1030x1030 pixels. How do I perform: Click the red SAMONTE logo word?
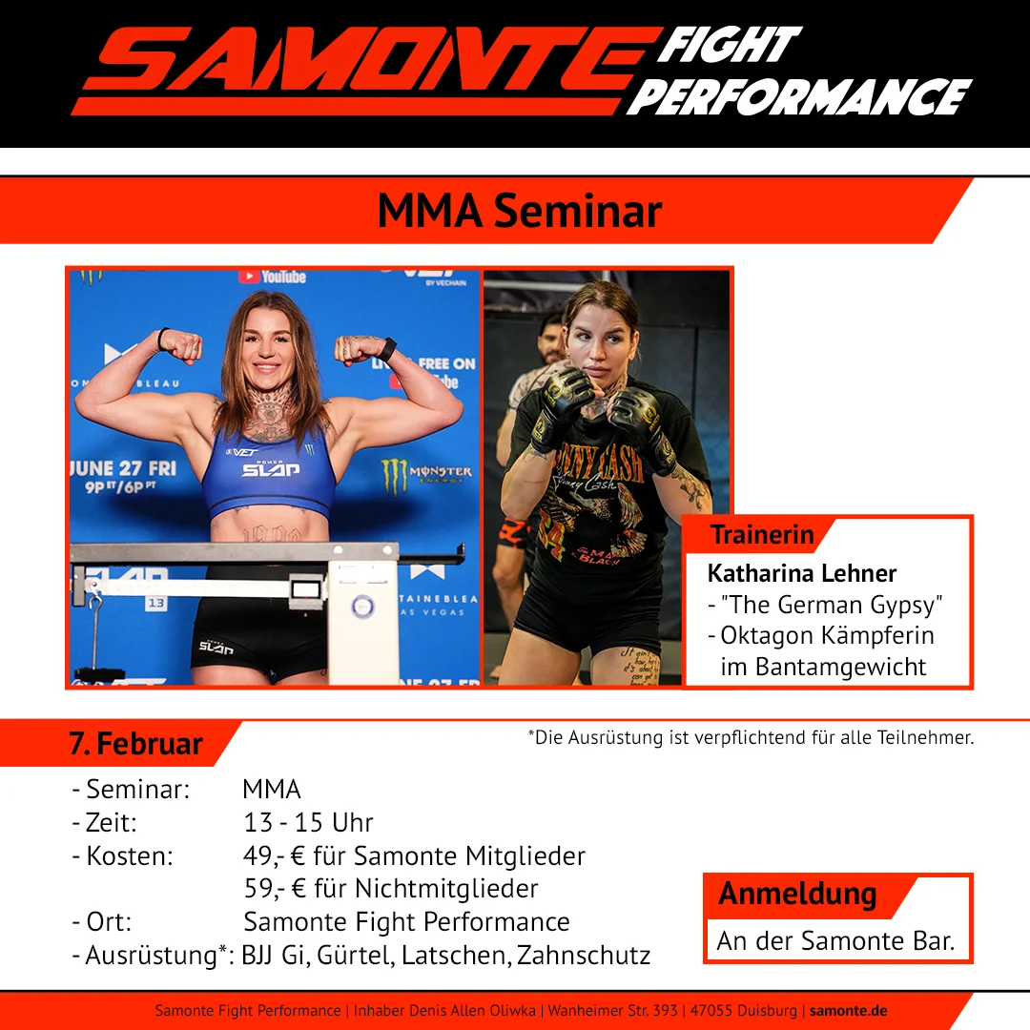click(371, 59)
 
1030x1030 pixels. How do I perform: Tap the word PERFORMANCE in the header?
click(799, 97)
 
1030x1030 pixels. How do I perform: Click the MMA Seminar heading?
click(520, 211)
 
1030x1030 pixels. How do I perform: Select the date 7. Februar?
click(136, 744)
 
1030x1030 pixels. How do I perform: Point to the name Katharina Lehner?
click(801, 573)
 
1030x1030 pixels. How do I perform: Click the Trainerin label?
click(762, 535)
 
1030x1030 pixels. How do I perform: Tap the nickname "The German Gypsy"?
click(832, 605)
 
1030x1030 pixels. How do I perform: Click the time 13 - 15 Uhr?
click(308, 822)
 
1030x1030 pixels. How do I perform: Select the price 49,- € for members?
click(275, 855)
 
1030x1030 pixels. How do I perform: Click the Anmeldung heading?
click(797, 895)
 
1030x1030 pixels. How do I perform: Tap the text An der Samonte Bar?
click(835, 940)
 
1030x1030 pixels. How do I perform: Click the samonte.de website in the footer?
click(848, 1010)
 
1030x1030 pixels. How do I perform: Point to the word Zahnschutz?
click(584, 955)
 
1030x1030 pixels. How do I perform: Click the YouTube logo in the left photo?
click(272, 277)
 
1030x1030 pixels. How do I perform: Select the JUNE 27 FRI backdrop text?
click(123, 468)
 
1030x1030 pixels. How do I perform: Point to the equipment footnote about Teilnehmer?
click(751, 737)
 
